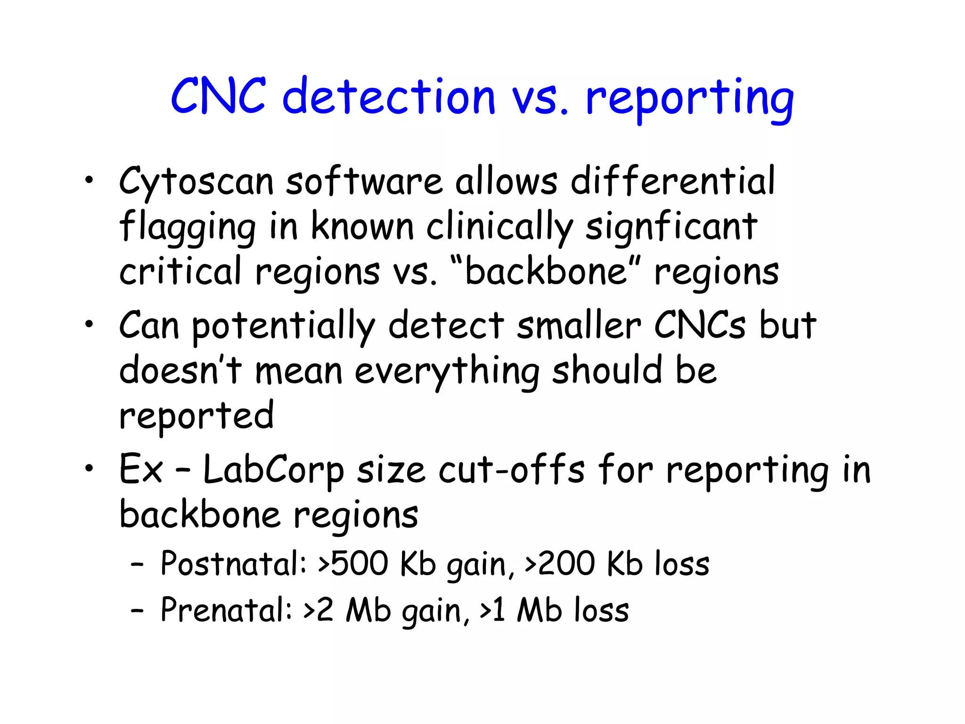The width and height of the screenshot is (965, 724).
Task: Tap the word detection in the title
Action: click(389, 97)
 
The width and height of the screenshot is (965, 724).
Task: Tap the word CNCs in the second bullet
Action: click(700, 325)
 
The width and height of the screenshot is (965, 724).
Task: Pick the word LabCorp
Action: click(273, 471)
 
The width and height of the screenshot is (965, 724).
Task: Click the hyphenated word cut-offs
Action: click(512, 470)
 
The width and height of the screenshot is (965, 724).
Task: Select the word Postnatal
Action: click(234, 564)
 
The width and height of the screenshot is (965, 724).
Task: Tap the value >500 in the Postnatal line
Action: click(353, 564)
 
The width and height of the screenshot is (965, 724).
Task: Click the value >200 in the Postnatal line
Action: click(560, 564)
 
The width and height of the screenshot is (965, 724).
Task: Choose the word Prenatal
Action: click(226, 610)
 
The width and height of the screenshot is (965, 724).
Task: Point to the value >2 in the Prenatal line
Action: click(319, 610)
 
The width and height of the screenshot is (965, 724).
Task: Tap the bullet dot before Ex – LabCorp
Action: click(89, 468)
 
